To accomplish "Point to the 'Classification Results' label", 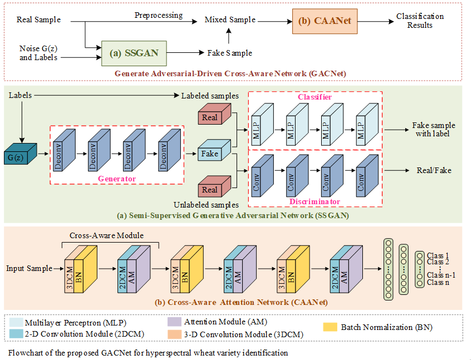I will point(420,21).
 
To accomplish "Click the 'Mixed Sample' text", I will point(230,19).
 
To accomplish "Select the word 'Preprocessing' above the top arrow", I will point(159,15).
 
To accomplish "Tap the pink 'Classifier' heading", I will point(314,97).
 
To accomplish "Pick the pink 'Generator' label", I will point(117,179).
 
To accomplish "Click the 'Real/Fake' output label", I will point(434,170).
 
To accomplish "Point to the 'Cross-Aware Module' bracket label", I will point(106,235).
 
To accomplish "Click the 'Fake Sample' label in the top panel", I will point(230,53).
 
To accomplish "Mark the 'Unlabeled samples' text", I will point(206,205).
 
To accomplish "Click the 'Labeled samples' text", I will point(210,96).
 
